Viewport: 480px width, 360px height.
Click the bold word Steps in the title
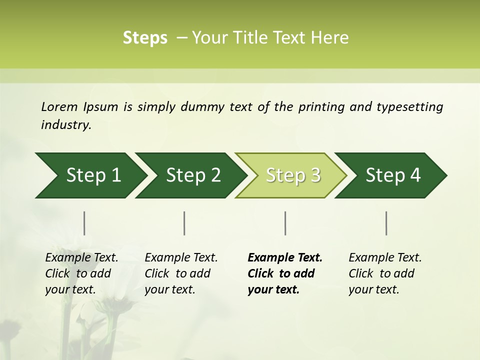tap(145, 38)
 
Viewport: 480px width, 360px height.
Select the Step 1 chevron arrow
tap(90, 175)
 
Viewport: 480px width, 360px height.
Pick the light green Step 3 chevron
tap(292, 175)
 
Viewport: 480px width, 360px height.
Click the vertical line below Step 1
tap(84, 223)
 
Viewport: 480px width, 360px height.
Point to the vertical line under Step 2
tap(184, 223)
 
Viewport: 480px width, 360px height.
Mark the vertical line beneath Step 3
tap(285, 223)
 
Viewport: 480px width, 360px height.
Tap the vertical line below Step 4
tap(386, 223)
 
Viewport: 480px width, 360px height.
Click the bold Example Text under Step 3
tap(285, 258)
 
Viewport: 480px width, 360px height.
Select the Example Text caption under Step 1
tap(81, 258)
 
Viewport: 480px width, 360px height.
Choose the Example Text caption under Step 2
tap(181, 258)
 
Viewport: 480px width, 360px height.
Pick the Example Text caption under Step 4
tap(385, 258)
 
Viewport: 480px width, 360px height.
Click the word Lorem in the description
tap(59, 107)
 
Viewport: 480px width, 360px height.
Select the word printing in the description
tap(321, 107)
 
